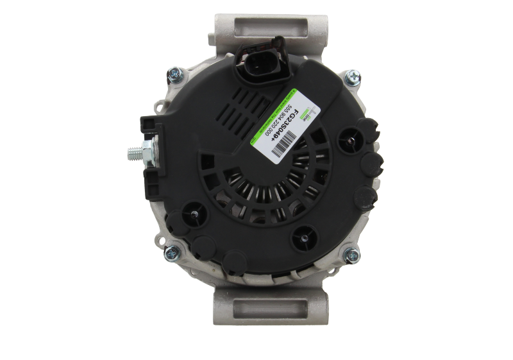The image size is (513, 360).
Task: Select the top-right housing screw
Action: [351, 79]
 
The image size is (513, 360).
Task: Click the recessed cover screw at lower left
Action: [192, 218]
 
